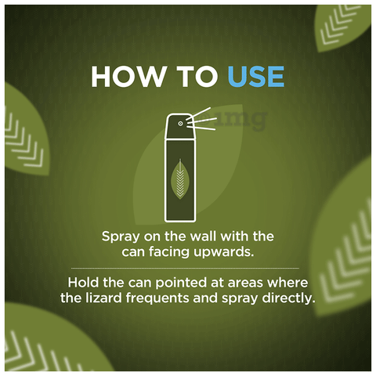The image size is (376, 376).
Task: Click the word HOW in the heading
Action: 128,76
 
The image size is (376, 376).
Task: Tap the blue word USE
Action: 256,76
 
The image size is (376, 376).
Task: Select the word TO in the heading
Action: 197,76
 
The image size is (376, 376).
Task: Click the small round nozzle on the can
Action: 180,124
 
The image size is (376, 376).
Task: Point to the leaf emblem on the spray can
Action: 179,179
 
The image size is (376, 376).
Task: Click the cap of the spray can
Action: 180,126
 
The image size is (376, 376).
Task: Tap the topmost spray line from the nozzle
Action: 198,114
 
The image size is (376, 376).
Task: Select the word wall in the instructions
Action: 203,237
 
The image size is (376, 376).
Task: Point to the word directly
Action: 288,298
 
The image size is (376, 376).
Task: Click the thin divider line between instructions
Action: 185,268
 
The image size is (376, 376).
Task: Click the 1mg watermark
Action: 237,121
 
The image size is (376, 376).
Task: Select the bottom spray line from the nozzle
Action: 201,128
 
